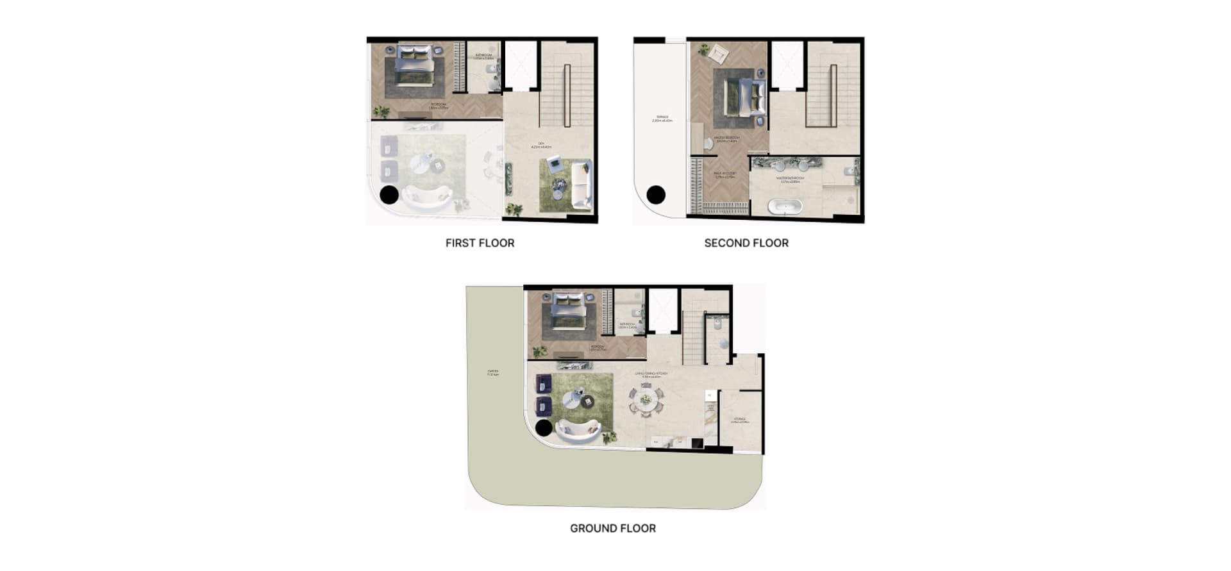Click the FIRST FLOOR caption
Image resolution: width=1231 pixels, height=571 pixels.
(480, 243)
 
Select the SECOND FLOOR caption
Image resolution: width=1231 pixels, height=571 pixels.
(746, 243)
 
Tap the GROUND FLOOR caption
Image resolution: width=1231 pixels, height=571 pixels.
(613, 528)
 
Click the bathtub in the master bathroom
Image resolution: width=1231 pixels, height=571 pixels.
(785, 207)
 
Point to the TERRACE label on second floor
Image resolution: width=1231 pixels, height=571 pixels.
(662, 119)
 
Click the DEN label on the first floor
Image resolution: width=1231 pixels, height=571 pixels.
(541, 145)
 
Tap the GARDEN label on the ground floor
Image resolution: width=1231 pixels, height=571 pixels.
(493, 372)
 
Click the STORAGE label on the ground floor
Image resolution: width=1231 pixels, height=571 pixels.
(740, 420)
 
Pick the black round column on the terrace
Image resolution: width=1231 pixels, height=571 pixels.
(656, 194)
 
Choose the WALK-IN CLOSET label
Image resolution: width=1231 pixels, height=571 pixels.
(725, 174)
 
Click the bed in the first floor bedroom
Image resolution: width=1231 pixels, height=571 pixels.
(414, 65)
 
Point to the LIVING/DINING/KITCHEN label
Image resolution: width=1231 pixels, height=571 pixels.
(651, 374)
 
